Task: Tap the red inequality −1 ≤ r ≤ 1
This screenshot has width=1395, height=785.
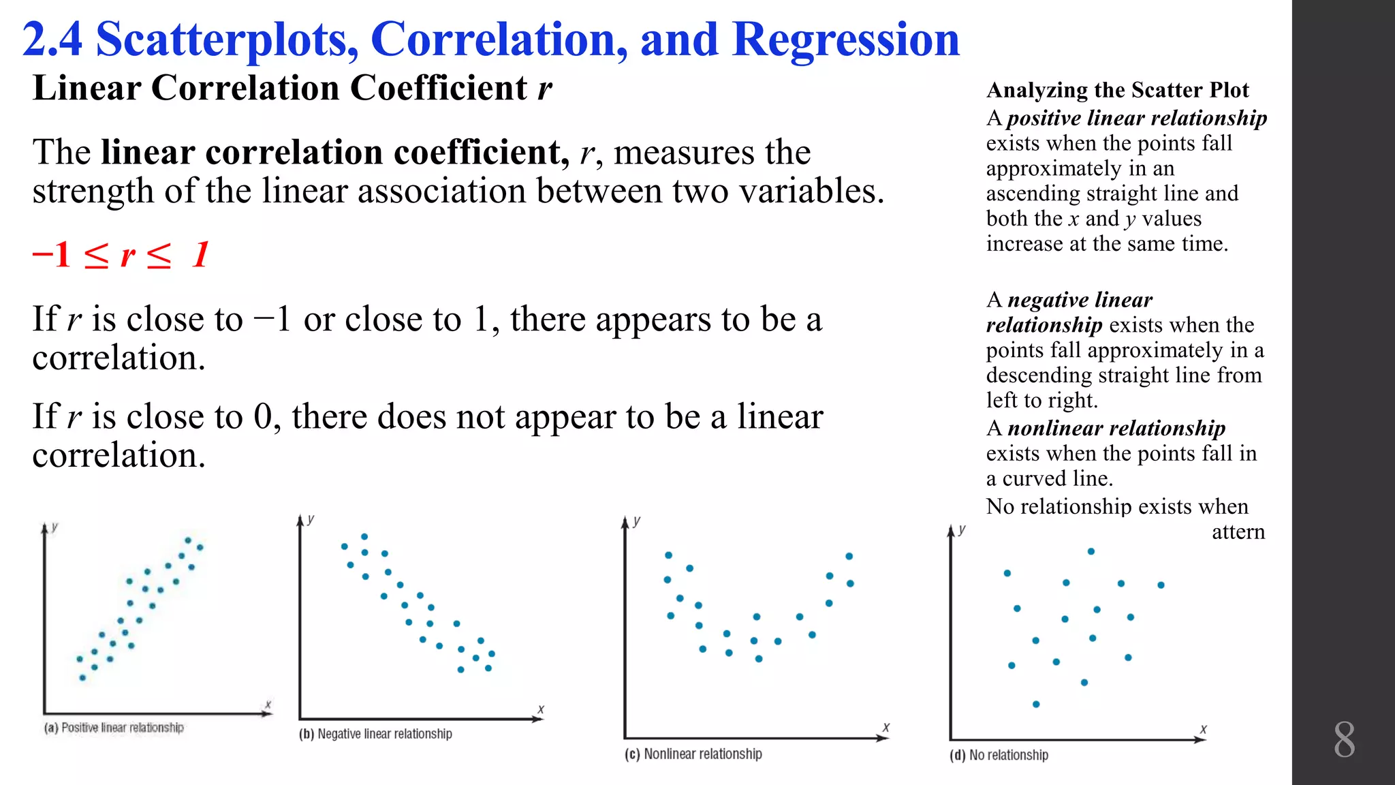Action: click(x=120, y=256)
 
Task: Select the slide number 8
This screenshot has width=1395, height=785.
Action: click(x=1344, y=740)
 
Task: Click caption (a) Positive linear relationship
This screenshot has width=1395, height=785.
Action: click(x=114, y=728)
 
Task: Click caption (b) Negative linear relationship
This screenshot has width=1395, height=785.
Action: click(x=375, y=734)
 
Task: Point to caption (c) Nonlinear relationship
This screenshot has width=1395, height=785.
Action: click(x=693, y=754)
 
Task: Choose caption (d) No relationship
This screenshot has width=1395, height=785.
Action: click(x=999, y=755)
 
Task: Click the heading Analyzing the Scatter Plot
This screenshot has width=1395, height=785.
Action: click(x=1117, y=90)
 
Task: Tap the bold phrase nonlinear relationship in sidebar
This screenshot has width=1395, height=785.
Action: click(x=1116, y=428)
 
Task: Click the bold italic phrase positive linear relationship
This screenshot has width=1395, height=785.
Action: click(x=1136, y=118)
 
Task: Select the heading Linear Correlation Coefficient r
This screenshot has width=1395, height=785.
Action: click(x=292, y=89)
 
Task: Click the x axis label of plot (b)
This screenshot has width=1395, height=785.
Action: click(x=541, y=709)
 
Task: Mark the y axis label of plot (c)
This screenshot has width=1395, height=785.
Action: click(x=637, y=521)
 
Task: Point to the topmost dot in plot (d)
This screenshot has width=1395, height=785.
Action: click(x=1091, y=551)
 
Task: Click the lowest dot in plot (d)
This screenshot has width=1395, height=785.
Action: click(x=1036, y=704)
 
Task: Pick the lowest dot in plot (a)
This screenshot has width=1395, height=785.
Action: click(x=82, y=677)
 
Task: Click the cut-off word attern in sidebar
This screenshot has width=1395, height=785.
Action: click(x=1238, y=532)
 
